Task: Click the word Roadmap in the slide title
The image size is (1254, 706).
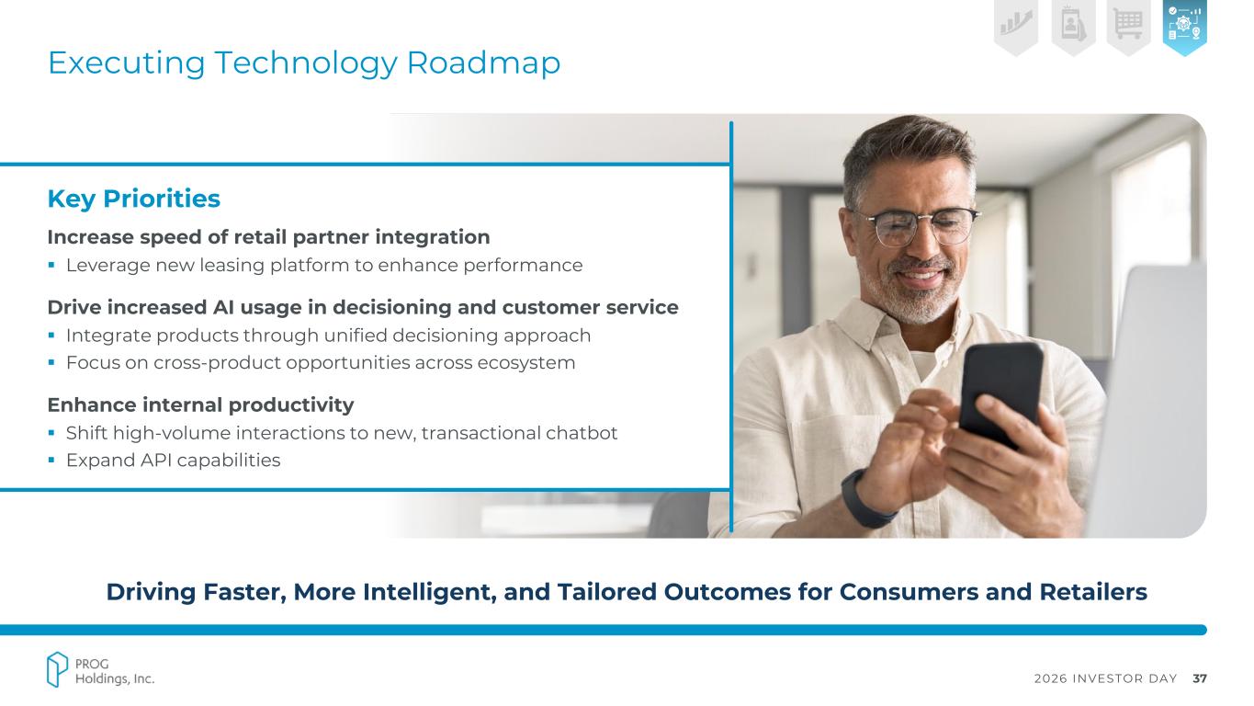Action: click(483, 63)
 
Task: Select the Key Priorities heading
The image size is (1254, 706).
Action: click(134, 199)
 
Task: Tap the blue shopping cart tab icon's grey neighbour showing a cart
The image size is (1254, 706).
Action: click(1128, 26)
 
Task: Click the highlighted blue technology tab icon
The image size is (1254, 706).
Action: click(1184, 26)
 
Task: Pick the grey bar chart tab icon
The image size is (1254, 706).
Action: click(1016, 26)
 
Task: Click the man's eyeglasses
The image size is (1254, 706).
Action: click(917, 226)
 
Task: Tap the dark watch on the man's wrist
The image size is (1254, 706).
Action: click(866, 498)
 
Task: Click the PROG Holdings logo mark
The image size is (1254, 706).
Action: click(57, 669)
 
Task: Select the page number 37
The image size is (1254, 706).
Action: click(1200, 678)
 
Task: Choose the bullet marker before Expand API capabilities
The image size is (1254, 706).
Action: click(51, 460)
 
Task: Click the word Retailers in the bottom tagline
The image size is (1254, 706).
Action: click(1093, 592)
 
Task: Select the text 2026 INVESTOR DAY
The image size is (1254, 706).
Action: click(1106, 678)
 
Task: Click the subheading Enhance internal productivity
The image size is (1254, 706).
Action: click(200, 404)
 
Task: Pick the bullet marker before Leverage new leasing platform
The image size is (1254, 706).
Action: click(51, 265)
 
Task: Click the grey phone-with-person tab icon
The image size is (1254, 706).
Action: click(1073, 26)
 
